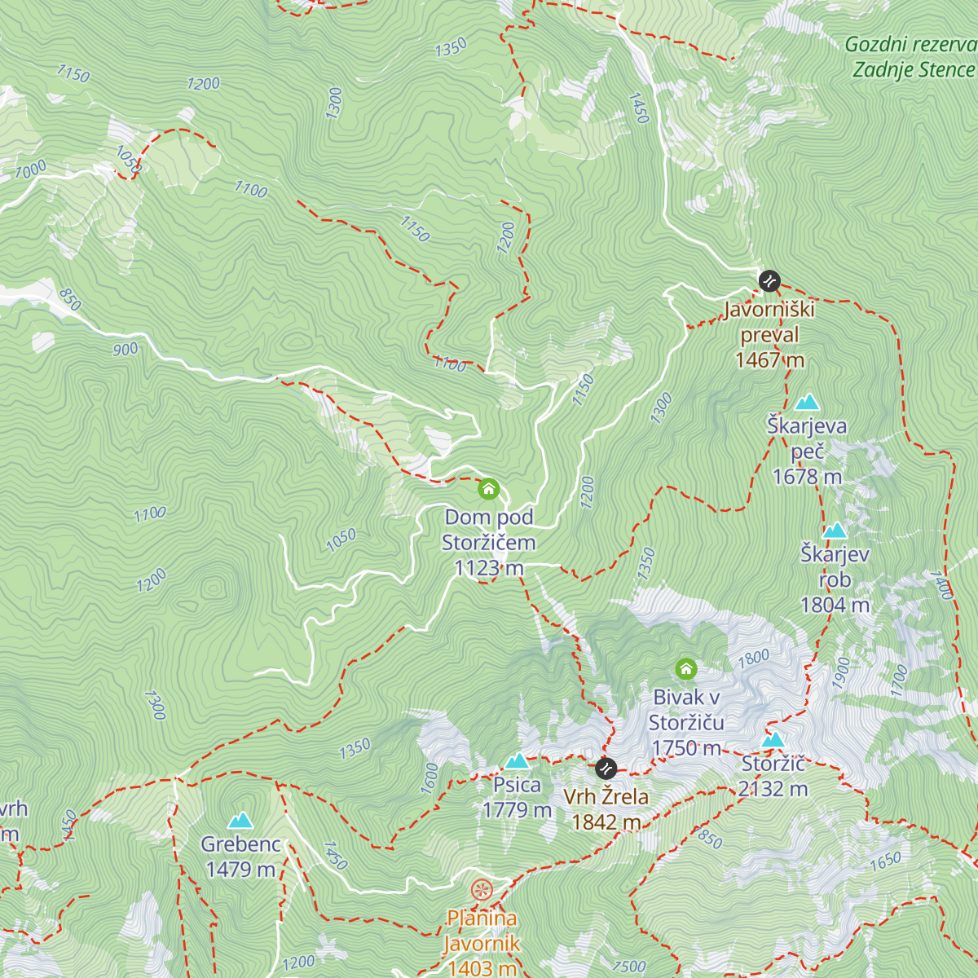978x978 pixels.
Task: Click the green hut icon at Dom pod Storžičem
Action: [488, 489]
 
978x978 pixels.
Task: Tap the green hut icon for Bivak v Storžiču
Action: [686, 670]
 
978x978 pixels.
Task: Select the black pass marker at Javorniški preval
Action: [769, 281]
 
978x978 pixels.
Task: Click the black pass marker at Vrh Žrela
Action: [606, 768]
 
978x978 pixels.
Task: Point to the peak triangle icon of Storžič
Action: [773, 740]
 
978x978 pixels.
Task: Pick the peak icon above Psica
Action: [517, 761]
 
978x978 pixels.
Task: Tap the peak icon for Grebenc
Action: [240, 821]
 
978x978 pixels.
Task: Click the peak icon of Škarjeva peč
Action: [807, 402]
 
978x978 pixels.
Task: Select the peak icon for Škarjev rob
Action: [835, 531]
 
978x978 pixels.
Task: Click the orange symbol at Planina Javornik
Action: [482, 889]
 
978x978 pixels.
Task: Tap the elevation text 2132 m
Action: [773, 789]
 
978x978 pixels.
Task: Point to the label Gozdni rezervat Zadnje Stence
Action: [911, 57]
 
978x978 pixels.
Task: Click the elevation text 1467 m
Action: [769, 360]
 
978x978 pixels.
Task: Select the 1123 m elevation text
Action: [489, 568]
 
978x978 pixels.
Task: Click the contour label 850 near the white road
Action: [70, 300]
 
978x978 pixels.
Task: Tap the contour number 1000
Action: [30, 170]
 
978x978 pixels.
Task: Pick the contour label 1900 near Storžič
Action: [842, 672]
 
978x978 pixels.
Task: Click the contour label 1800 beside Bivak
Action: [754, 659]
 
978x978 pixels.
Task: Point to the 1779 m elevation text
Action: [517, 810]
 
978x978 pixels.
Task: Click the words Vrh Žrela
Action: [606, 796]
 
